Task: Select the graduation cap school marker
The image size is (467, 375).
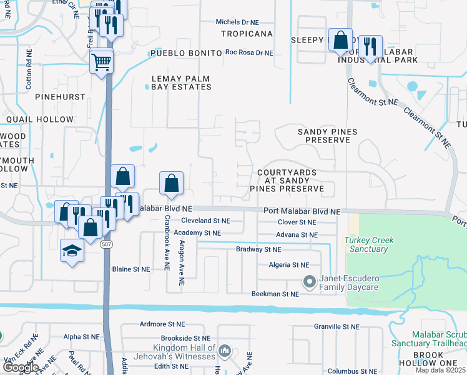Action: click(72, 251)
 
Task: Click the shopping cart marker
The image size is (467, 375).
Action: click(101, 61)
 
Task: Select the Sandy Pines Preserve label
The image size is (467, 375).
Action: click(323, 136)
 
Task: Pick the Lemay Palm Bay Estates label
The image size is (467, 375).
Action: click(181, 82)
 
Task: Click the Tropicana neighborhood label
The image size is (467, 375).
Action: click(247, 33)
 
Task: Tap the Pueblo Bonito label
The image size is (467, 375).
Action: click(185, 54)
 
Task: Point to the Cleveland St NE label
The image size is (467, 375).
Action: click(205, 221)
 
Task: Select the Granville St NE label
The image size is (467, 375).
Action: click(337, 326)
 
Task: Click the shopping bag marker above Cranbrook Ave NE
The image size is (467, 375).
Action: click(171, 183)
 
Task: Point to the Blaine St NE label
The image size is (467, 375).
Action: click(131, 269)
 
